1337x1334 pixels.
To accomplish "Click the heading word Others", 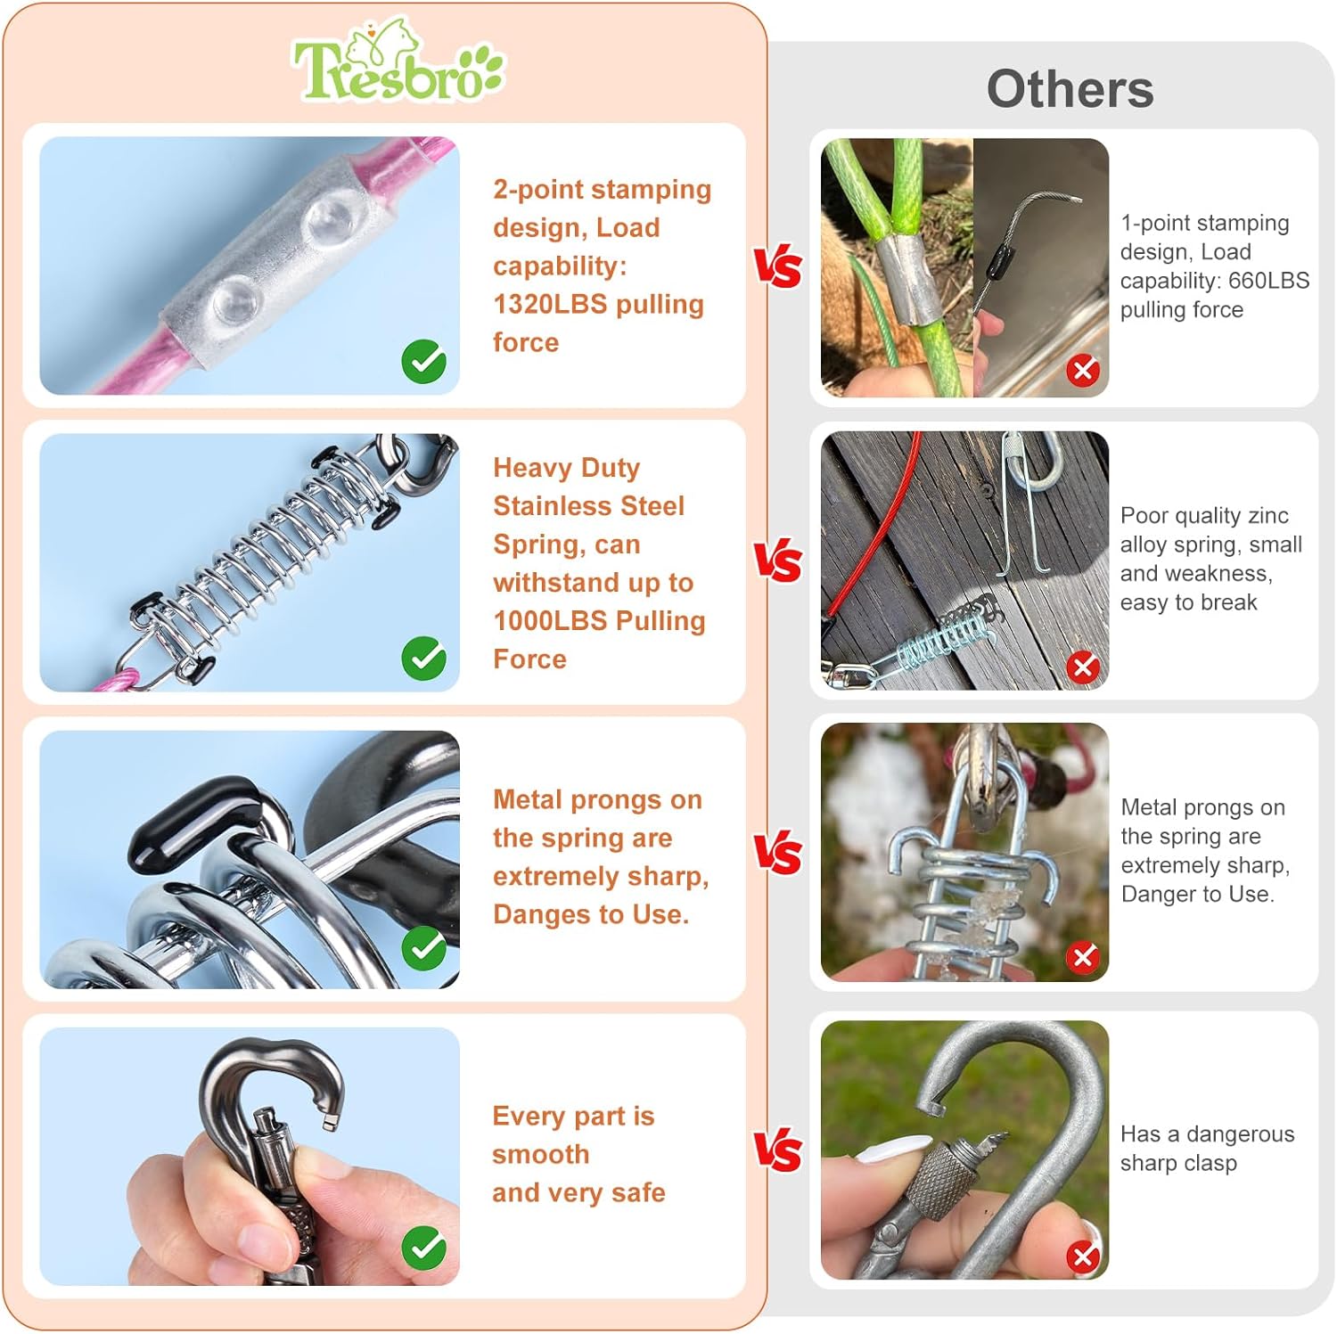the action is (x=1070, y=89).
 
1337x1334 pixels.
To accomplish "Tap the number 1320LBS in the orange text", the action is (x=550, y=304).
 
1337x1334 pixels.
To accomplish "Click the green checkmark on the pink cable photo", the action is (x=424, y=362).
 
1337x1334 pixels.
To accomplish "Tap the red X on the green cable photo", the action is (x=1083, y=370).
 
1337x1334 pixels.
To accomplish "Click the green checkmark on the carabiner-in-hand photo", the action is (x=424, y=1248).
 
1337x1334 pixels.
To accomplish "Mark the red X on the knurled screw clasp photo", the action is (x=1083, y=1256).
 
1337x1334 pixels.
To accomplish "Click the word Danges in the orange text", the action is (x=542, y=914).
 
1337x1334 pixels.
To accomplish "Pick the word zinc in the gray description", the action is (x=1267, y=515).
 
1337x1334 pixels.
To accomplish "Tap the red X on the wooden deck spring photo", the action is (x=1083, y=667).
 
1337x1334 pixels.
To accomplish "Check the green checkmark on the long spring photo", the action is (x=424, y=659).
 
